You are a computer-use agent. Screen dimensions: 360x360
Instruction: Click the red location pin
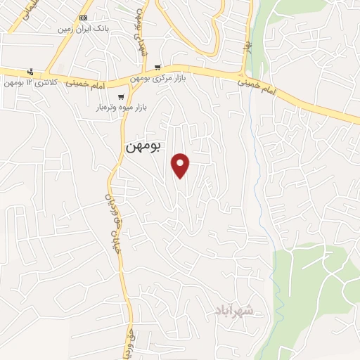181,165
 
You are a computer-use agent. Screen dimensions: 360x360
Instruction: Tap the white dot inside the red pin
181,162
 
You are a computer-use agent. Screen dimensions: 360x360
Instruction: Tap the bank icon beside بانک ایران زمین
84,18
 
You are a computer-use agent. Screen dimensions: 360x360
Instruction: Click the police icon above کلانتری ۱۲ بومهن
30,72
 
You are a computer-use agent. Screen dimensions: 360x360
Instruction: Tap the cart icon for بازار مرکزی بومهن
158,67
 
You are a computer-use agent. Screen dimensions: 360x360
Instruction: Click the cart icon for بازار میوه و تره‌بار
122,97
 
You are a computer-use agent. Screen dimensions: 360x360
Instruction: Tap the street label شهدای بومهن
141,35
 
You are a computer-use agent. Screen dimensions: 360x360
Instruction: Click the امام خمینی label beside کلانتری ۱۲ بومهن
85,84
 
